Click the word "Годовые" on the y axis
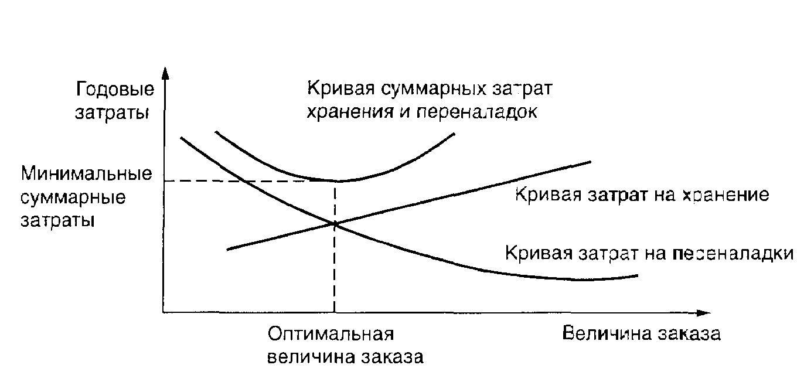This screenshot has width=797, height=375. click(115, 90)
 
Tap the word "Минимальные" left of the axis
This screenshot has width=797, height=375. click(86, 175)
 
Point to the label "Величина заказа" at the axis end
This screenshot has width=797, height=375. click(641, 334)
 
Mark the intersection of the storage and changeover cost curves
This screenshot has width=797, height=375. click(335, 223)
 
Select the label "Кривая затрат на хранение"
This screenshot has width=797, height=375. click(641, 195)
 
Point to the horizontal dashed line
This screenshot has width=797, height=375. click(246, 181)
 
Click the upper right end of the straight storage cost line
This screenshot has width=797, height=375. click(590, 161)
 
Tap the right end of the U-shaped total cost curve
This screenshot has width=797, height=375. click(454, 134)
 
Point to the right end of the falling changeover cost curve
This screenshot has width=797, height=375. click(636, 275)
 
